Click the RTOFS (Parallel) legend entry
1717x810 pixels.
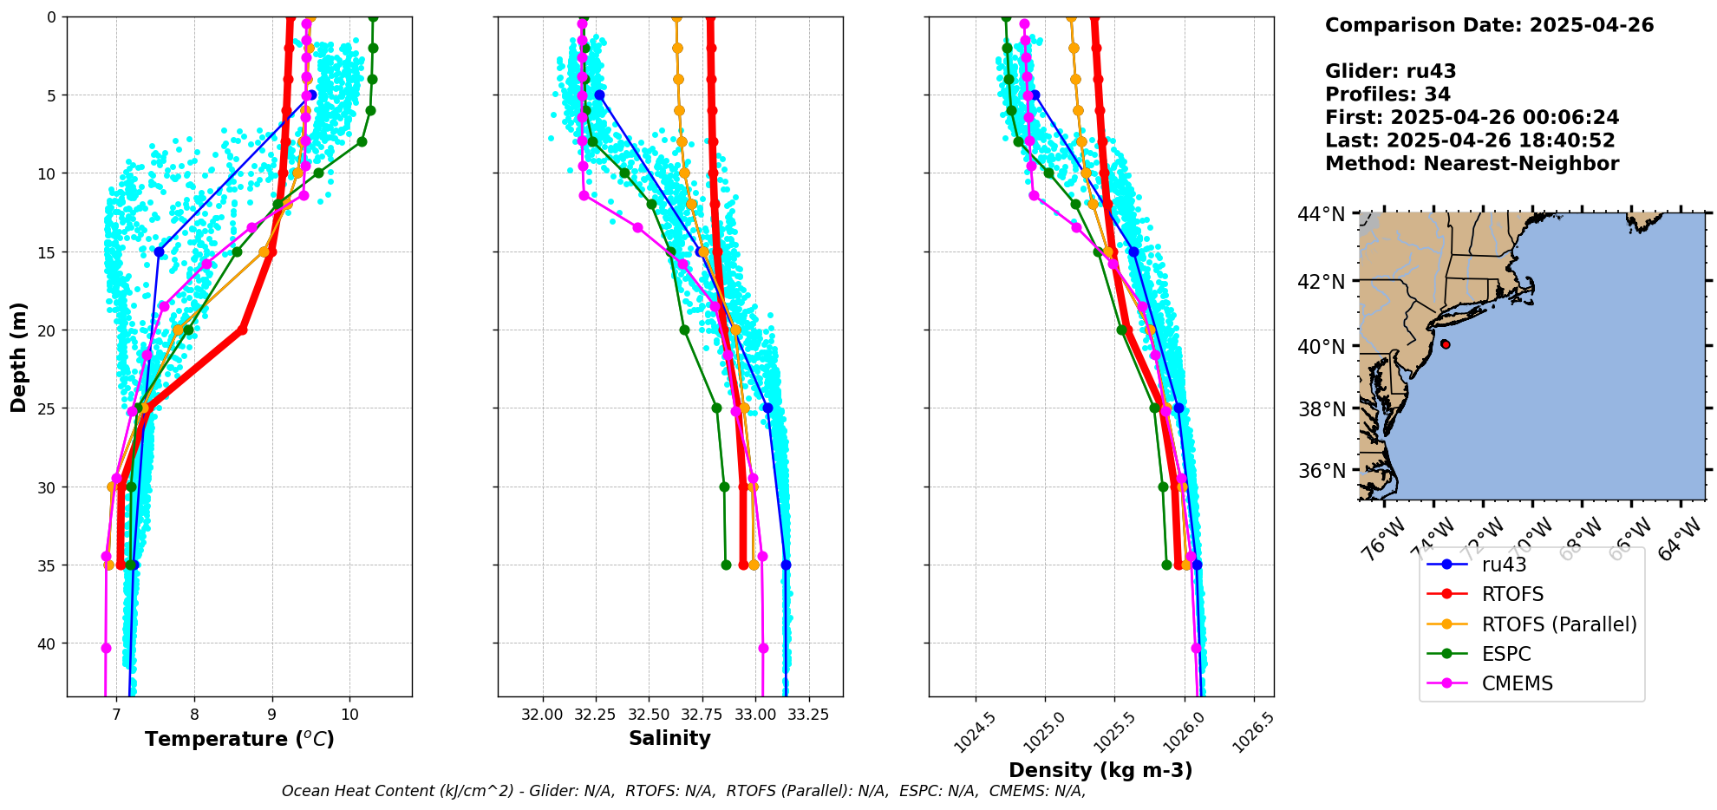(1558, 624)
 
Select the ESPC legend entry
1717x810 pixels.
(1505, 654)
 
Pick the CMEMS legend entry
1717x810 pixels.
(1517, 683)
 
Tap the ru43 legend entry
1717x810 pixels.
(1504, 565)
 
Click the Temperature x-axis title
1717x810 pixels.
(239, 739)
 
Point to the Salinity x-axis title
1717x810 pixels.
(669, 739)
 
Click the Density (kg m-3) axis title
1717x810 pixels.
(1100, 770)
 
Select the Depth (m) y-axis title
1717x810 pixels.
(19, 356)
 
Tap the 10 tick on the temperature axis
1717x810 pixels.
(349, 715)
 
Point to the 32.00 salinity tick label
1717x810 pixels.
(543, 715)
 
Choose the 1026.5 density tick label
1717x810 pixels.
(1249, 733)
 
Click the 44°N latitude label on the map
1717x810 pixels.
(1322, 213)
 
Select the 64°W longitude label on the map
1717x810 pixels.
(1680, 539)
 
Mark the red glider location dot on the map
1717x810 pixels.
(1445, 344)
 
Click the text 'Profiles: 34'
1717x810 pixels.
(1387, 95)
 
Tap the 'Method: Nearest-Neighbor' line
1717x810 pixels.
(1472, 164)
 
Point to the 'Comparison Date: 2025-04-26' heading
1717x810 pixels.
(1489, 25)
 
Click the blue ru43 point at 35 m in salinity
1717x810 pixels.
(786, 565)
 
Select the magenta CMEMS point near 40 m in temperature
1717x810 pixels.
(106, 648)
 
